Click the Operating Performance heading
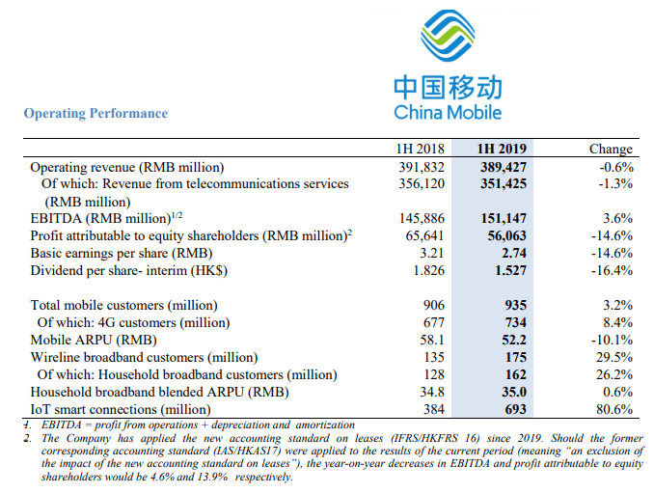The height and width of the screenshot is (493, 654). pos(95,114)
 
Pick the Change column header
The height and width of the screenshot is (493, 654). pos(611,149)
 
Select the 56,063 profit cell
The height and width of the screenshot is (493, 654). pos(504,235)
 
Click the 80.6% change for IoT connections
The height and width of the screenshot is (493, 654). pos(613,409)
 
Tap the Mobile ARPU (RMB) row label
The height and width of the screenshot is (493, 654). pos(88,340)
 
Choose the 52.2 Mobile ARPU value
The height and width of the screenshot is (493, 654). pos(510,340)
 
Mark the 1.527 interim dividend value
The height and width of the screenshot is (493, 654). pos(507,270)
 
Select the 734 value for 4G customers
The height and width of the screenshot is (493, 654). pos(513,322)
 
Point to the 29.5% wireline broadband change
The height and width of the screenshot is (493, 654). pos(613,357)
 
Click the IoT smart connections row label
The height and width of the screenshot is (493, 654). pos(121,409)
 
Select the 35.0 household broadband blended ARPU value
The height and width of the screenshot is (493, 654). pos(510,392)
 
